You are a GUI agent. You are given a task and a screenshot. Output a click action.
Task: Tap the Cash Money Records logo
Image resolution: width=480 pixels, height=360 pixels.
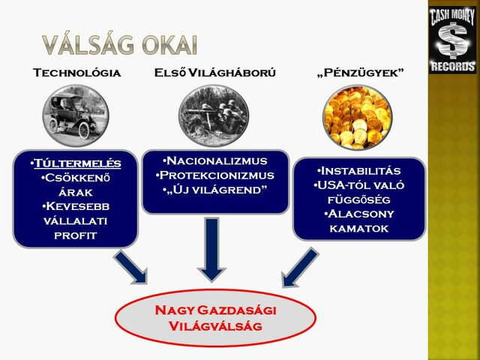click(453, 39)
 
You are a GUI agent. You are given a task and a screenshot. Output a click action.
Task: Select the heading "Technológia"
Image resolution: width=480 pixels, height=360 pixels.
click(77, 73)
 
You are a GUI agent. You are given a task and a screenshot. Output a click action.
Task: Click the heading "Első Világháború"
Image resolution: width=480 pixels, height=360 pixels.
click(214, 73)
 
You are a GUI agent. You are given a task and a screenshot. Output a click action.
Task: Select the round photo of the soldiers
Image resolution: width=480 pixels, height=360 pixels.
click(215, 115)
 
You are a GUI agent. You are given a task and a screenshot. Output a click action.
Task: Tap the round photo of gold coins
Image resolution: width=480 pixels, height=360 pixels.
click(358, 116)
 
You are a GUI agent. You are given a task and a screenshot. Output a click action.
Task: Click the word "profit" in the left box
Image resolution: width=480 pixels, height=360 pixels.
click(76, 235)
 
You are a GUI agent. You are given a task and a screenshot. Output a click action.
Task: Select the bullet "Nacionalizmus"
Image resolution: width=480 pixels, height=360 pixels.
click(215, 160)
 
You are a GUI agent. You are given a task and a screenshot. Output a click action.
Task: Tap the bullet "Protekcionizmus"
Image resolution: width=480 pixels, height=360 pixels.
click(215, 175)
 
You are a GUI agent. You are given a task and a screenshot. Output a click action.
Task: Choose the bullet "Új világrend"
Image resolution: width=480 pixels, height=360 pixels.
click(215, 189)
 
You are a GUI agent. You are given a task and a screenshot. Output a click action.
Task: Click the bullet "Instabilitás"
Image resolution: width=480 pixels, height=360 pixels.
click(359, 170)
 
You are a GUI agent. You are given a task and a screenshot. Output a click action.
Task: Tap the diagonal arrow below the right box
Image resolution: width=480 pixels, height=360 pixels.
click(300, 267)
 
